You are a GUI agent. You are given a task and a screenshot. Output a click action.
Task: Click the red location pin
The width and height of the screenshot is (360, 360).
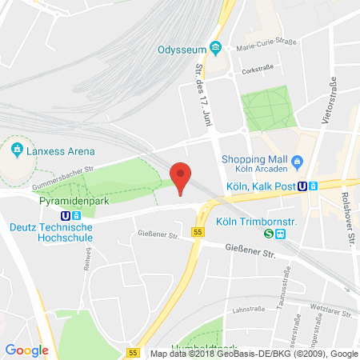(182, 176)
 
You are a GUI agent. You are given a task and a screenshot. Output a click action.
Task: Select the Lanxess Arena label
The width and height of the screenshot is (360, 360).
(61, 150)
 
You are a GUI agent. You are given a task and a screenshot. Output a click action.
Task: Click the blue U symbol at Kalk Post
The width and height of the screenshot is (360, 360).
(302, 186)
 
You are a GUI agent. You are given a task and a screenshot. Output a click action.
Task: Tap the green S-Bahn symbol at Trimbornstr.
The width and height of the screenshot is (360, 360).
(270, 234)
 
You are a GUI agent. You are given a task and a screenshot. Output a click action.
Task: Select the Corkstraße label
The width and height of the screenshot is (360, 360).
(264, 70)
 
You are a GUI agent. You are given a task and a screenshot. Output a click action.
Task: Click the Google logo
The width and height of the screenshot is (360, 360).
(26, 349)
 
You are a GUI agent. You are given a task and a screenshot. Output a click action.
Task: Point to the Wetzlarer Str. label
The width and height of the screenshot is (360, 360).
(332, 306)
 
